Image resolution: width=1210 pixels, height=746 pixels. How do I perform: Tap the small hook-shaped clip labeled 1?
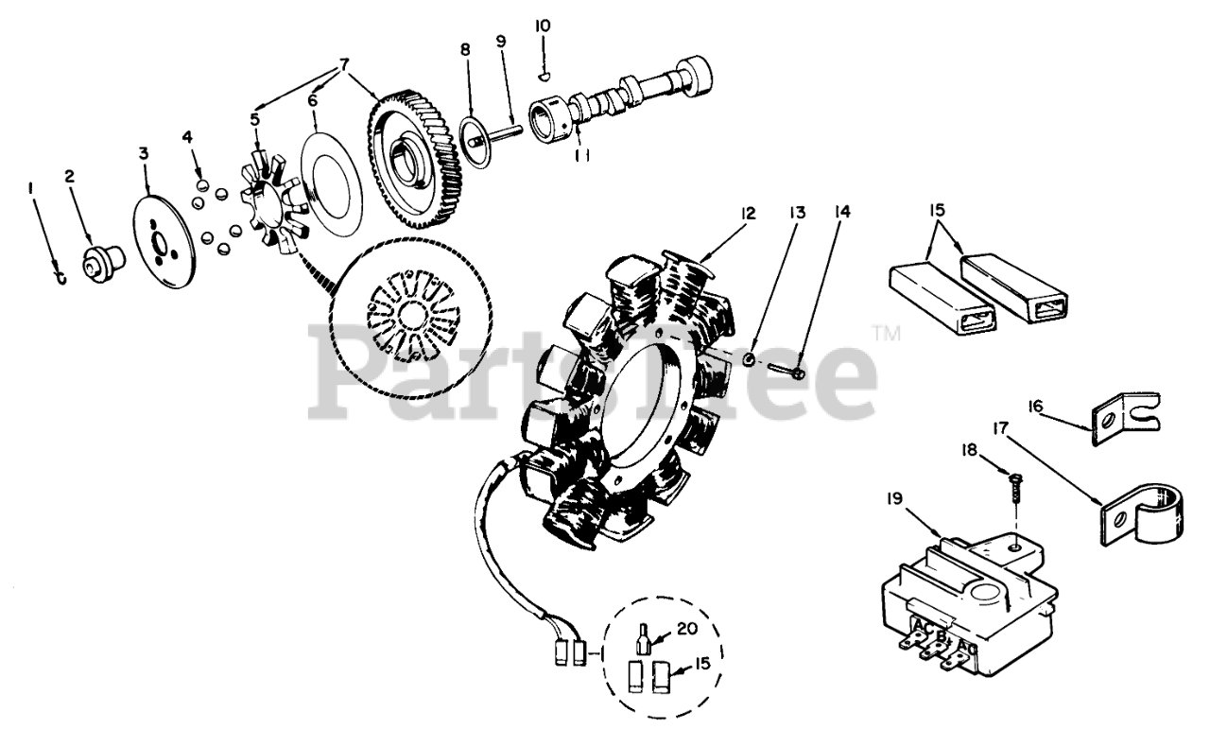tap(60, 275)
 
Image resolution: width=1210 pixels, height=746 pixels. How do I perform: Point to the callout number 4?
tap(187, 137)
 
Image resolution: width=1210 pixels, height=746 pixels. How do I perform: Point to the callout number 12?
tap(749, 214)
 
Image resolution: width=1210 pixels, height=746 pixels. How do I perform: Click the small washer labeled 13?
tap(748, 359)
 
